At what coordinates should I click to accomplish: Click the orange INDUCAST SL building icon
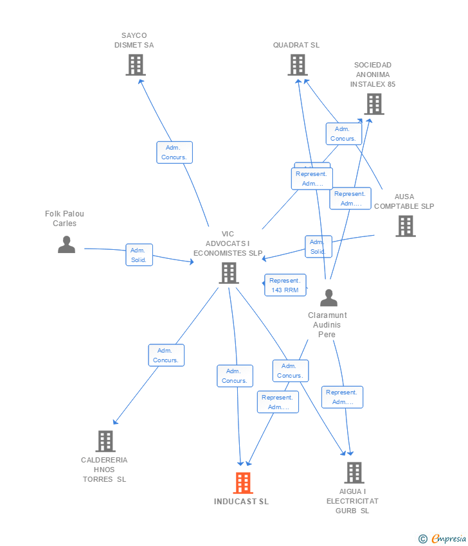(x=242, y=482)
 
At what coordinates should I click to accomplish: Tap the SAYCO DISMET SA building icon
(x=135, y=65)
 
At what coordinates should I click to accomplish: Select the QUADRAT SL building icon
(x=297, y=65)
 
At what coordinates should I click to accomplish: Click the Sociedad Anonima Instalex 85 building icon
(x=373, y=104)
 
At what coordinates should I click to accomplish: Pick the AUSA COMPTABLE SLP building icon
(x=405, y=226)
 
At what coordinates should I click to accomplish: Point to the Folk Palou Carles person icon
(x=66, y=245)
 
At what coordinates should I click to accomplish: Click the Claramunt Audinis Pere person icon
(x=328, y=298)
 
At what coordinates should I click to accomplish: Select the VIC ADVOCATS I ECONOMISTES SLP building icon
(x=229, y=273)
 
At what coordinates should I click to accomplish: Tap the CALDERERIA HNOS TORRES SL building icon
(x=105, y=441)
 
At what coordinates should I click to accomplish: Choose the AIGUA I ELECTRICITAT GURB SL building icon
(x=354, y=473)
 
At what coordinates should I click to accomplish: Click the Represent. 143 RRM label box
(x=285, y=285)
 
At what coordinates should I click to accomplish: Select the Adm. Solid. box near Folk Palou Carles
(x=139, y=255)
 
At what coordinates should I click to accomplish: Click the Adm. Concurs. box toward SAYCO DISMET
(x=174, y=152)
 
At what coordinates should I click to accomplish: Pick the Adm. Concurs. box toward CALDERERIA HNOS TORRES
(x=166, y=355)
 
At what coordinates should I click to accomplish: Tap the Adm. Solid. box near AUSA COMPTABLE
(x=318, y=247)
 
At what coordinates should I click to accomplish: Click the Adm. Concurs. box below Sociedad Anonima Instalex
(x=343, y=134)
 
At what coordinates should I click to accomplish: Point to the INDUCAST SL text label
(x=242, y=502)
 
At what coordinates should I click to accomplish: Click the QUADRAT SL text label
(x=296, y=45)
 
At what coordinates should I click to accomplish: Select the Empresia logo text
(x=448, y=539)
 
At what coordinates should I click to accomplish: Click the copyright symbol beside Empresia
(x=423, y=539)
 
